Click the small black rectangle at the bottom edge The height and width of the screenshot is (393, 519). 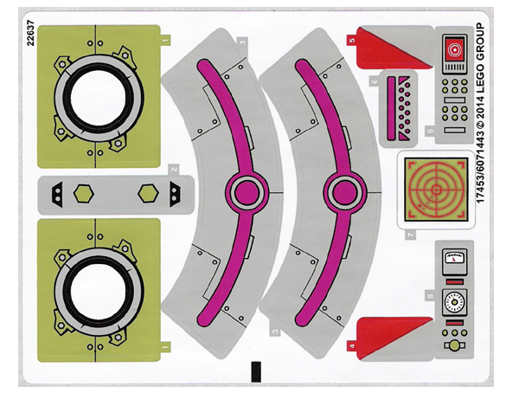(x=255, y=371)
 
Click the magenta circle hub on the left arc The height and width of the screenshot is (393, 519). (x=241, y=191)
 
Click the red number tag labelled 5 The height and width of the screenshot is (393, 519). (x=351, y=40)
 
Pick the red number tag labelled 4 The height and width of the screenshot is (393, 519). (x=351, y=345)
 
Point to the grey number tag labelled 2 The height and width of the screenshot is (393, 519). (x=173, y=171)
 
